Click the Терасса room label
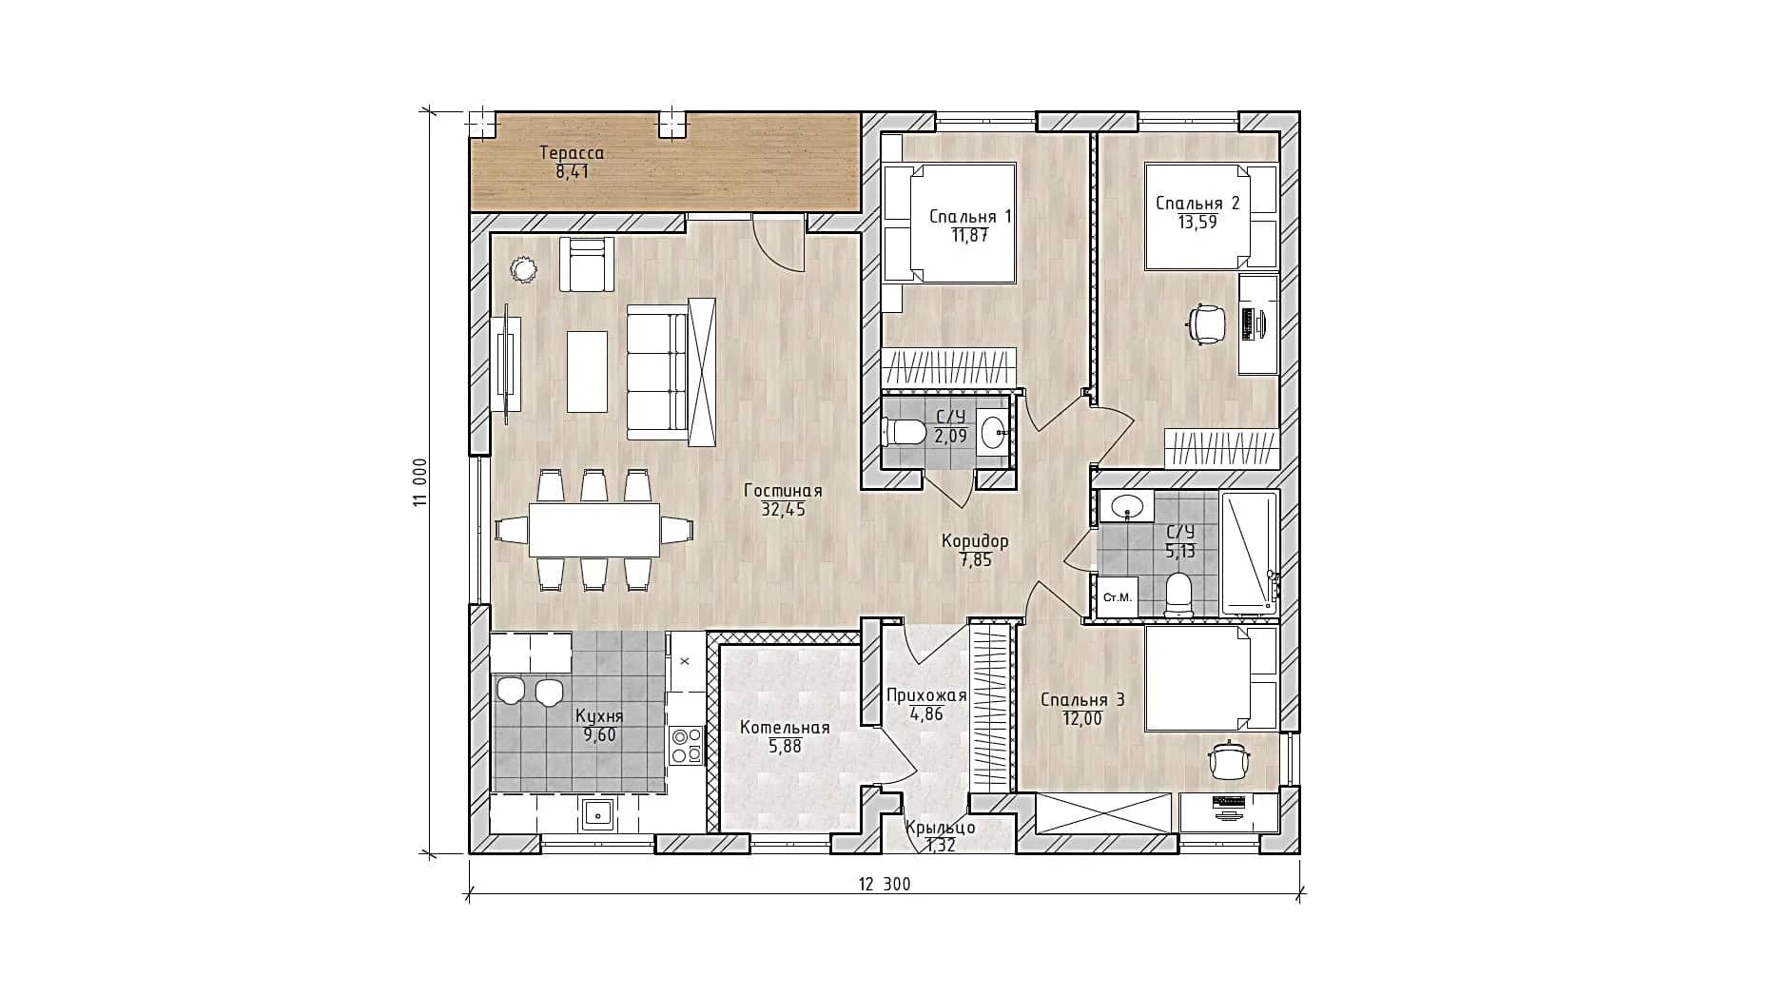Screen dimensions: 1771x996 click(572, 152)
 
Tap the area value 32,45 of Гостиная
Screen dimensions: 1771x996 click(783, 509)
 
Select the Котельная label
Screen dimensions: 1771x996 click(785, 728)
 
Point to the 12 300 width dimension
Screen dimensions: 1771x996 click(884, 884)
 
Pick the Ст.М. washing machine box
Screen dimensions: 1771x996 click(1117, 597)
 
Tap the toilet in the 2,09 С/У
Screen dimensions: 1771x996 click(905, 434)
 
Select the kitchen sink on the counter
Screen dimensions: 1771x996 click(597, 814)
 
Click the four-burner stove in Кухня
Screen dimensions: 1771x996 click(686, 745)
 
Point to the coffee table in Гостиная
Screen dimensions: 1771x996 click(587, 371)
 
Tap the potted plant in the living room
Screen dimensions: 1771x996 click(522, 270)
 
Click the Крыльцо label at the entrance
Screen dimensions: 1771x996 click(940, 828)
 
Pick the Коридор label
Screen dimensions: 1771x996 click(975, 541)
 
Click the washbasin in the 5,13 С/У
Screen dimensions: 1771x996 click(1128, 506)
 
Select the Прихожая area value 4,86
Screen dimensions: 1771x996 click(926, 713)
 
